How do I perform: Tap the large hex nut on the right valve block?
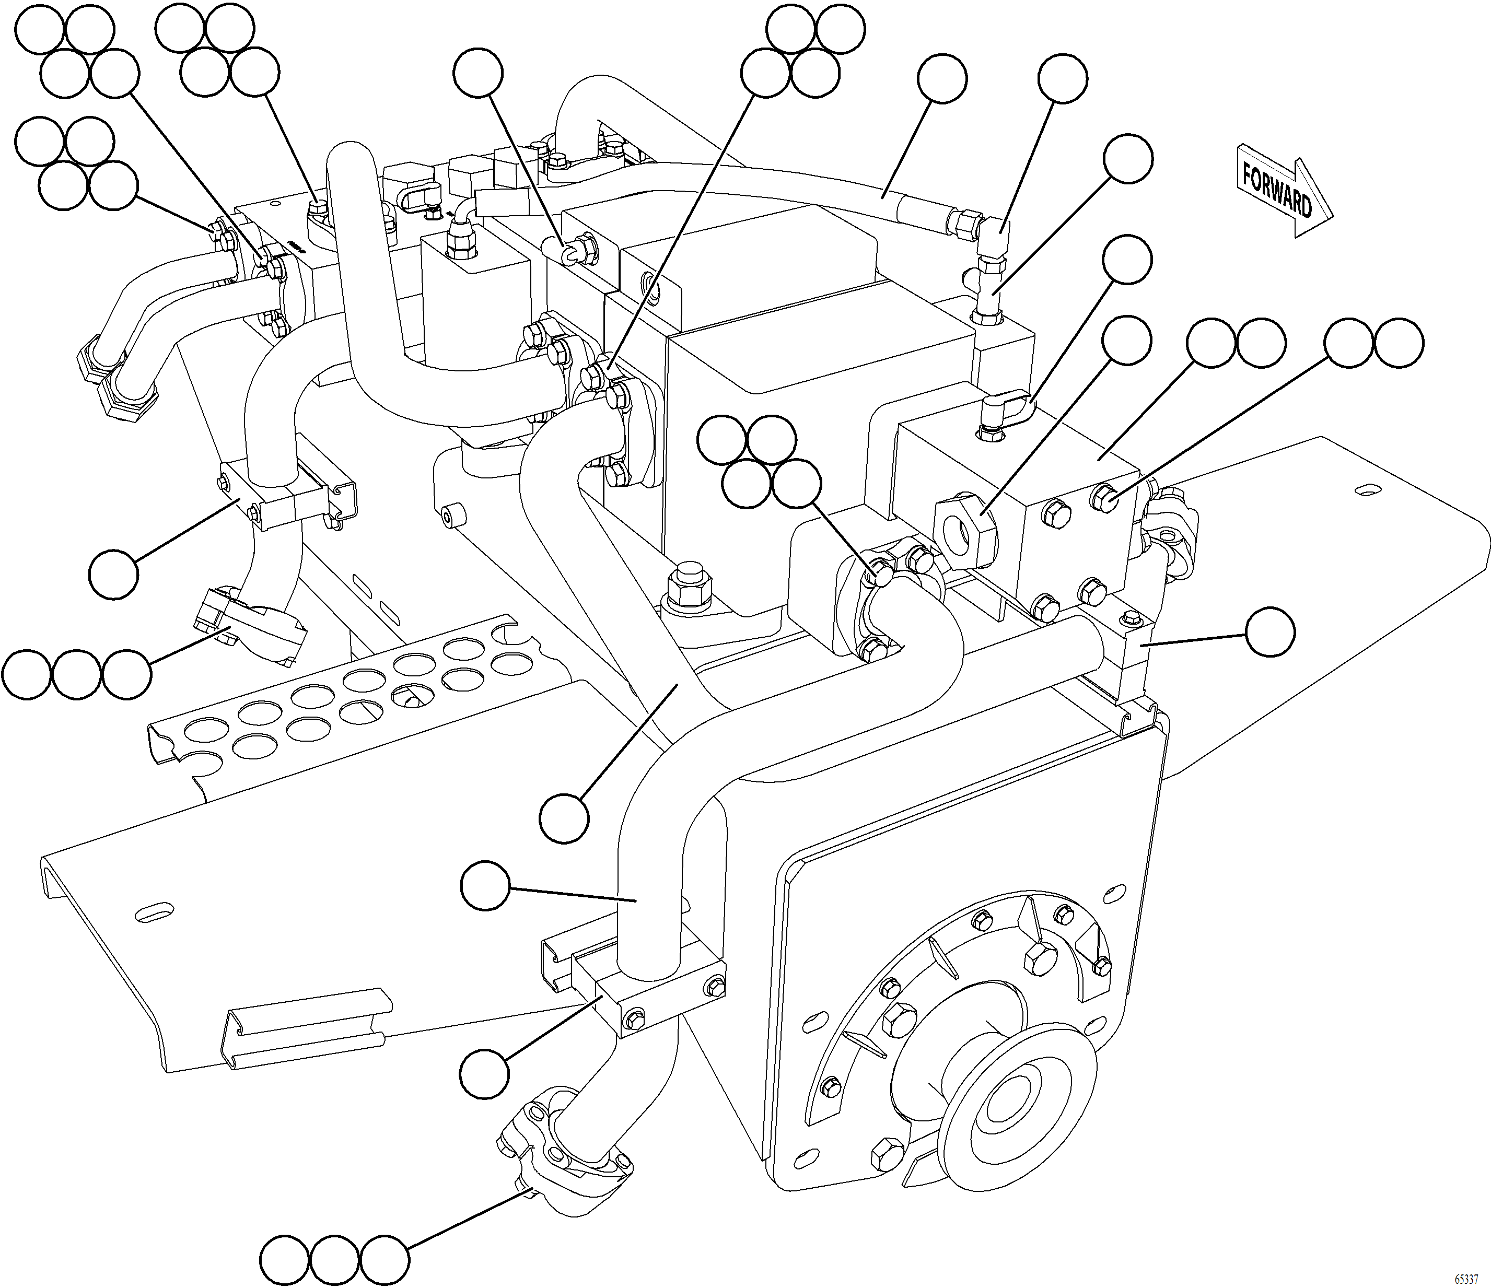click(964, 533)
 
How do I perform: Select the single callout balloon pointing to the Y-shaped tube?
click(564, 818)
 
